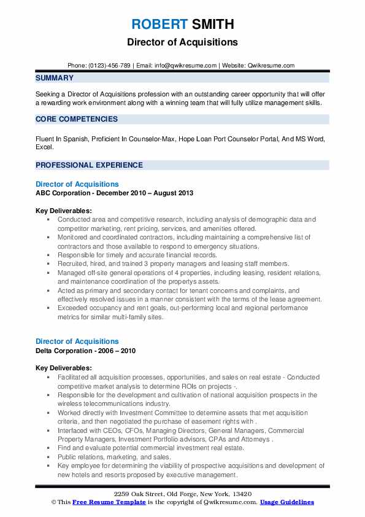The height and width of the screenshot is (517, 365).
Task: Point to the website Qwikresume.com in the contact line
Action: tap(272, 65)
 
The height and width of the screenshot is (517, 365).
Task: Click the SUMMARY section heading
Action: tap(55, 78)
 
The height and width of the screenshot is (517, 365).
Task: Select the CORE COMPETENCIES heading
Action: tap(77, 119)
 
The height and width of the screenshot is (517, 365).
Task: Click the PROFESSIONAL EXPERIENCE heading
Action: tap(89, 165)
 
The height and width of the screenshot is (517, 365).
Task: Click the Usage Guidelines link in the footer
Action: tap(286, 502)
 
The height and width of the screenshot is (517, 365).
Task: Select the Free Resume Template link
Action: tap(99, 502)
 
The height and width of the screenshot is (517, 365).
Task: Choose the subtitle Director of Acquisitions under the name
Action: tap(183, 43)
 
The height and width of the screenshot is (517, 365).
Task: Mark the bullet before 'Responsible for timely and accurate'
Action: tap(50, 254)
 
